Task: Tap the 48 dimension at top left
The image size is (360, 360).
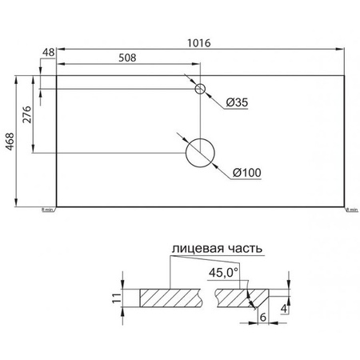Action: (47, 53)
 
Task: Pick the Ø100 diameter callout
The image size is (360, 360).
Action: (246, 171)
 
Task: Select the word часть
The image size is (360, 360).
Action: (243, 250)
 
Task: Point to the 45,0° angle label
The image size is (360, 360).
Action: (224, 271)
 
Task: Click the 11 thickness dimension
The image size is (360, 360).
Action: (115, 299)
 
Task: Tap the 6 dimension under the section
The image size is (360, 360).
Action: (262, 317)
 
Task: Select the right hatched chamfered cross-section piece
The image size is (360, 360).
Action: (234, 298)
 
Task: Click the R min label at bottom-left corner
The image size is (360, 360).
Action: (47, 210)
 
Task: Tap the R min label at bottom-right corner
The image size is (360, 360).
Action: (353, 210)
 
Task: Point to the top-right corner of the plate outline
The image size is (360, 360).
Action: (346, 77)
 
